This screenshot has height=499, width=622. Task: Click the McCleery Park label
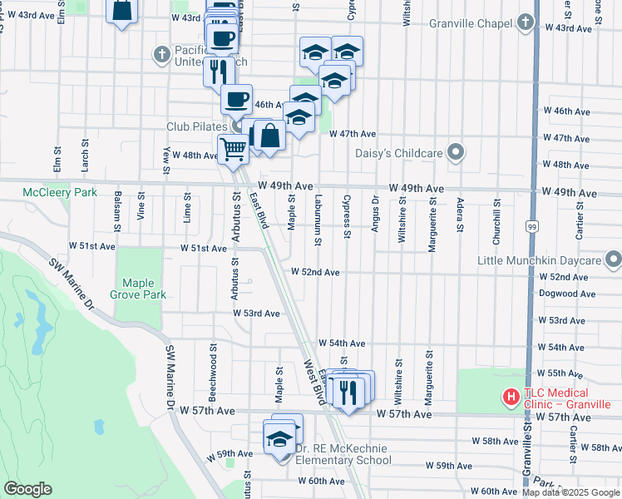(x=59, y=193)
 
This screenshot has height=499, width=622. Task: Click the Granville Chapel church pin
(x=526, y=22)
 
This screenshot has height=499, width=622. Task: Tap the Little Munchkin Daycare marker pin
(x=613, y=260)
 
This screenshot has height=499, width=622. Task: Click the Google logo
(x=27, y=489)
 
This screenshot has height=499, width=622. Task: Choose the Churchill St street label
(x=496, y=220)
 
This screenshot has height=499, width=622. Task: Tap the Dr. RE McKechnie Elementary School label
(x=343, y=454)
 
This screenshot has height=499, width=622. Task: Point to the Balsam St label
(x=117, y=212)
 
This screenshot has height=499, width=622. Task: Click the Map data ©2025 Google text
(x=570, y=492)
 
